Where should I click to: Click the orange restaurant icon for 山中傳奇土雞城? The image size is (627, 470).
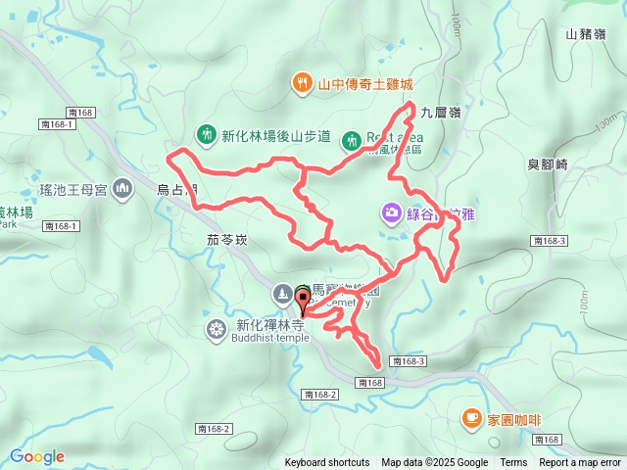(304, 84)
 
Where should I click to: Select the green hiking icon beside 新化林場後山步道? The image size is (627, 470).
(207, 133)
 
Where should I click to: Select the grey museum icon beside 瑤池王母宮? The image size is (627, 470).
(122, 187)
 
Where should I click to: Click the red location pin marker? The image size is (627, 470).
(302, 299)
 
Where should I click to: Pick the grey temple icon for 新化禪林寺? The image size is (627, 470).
(215, 327)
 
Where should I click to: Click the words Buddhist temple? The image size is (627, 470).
(269, 339)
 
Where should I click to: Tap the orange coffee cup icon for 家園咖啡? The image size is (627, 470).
(471, 419)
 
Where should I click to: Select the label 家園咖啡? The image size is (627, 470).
(514, 420)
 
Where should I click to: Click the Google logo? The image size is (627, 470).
(36, 456)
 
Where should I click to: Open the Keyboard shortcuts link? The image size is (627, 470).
(327, 463)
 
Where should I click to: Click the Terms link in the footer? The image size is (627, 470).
(513, 463)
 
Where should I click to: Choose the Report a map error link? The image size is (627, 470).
(581, 463)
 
